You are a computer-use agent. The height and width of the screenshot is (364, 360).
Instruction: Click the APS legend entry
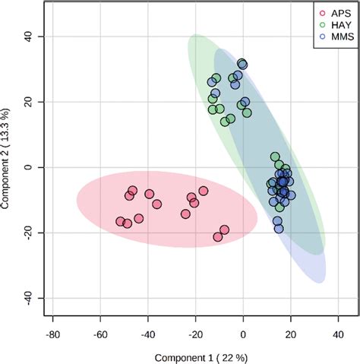pos(336,11)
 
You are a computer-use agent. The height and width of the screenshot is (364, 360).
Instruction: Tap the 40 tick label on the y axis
pos(33,36)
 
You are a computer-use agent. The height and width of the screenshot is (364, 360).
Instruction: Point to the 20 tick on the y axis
pos(33,102)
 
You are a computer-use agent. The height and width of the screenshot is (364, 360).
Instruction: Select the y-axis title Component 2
pos(10,166)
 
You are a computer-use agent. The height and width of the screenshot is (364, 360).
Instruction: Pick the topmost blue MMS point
pos(242,64)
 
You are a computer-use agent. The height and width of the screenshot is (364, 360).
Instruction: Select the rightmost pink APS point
pos(224,230)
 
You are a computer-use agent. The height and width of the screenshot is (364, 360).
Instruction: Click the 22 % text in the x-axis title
pos(233,356)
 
